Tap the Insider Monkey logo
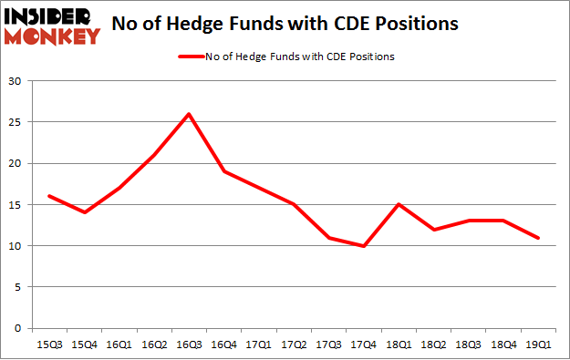point(51,25)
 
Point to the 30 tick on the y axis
point(16,81)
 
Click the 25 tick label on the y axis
point(16,122)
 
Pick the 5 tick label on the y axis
point(18,287)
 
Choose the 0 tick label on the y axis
point(18,328)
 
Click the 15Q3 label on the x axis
point(48,345)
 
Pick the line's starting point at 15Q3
point(48,196)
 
